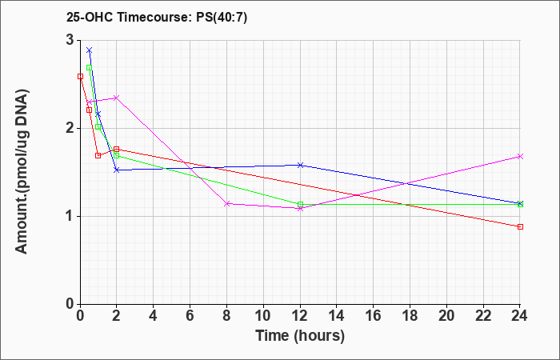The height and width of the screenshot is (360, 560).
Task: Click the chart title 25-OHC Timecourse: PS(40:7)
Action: (x=157, y=18)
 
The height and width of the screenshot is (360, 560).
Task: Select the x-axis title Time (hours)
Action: (x=300, y=336)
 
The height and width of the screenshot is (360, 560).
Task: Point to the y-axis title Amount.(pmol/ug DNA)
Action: (x=22, y=172)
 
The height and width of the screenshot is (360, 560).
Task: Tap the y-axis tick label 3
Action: (x=70, y=40)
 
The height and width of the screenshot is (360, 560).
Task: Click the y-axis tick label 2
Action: (x=70, y=128)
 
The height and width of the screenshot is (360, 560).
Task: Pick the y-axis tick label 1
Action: (x=70, y=216)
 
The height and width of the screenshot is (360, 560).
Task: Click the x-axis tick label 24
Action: (x=520, y=316)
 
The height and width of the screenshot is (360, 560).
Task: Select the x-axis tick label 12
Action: (x=300, y=316)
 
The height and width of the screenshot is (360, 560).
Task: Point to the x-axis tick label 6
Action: (x=190, y=316)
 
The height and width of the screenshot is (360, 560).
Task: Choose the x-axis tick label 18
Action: (x=410, y=316)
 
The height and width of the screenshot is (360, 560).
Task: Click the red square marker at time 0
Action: (x=80, y=76)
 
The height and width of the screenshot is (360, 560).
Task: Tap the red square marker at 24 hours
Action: (x=520, y=226)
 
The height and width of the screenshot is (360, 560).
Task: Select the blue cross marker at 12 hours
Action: (x=300, y=165)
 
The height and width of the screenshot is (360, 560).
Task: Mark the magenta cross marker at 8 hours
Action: (x=226, y=203)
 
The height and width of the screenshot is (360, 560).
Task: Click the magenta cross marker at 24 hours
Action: (x=520, y=157)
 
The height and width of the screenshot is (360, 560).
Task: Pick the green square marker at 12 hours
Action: (x=300, y=205)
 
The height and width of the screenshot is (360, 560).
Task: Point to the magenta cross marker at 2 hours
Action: (x=116, y=98)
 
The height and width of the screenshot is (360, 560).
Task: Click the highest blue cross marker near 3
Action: (x=90, y=50)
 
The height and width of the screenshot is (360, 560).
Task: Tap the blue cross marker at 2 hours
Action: (x=116, y=170)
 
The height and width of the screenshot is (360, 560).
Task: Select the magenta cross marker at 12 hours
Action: (x=300, y=209)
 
